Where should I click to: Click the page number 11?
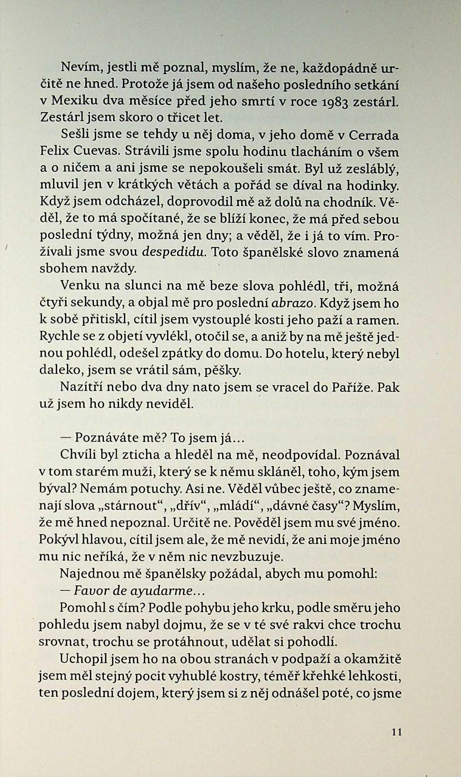click(396, 732)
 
